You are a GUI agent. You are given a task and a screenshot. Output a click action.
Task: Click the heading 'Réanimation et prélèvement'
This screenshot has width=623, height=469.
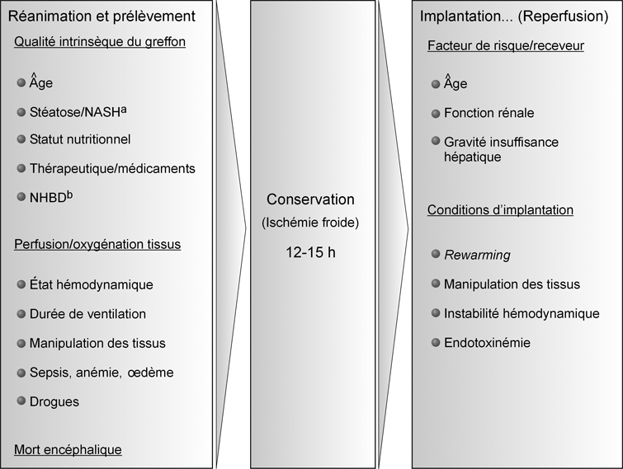(x=101, y=16)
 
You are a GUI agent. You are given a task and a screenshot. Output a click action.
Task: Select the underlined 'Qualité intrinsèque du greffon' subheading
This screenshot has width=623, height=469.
(x=100, y=42)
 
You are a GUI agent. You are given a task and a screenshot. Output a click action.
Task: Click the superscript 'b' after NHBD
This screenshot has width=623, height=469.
(x=69, y=195)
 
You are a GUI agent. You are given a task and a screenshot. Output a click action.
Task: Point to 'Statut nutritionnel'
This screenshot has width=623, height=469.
(x=80, y=139)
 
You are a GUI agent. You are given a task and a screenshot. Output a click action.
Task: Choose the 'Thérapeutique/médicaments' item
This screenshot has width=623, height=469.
(x=112, y=169)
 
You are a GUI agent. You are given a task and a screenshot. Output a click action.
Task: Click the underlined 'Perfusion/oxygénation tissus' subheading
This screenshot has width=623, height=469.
(x=97, y=244)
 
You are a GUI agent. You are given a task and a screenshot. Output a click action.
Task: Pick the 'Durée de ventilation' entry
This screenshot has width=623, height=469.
(x=87, y=314)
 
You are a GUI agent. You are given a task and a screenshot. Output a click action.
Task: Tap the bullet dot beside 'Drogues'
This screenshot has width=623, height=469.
(x=21, y=401)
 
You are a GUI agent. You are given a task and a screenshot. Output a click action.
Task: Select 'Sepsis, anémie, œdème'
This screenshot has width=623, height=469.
(x=101, y=373)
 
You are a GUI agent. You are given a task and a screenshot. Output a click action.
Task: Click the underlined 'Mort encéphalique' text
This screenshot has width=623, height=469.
(x=68, y=449)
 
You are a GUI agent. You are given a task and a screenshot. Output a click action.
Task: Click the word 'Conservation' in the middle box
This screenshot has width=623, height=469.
(x=310, y=199)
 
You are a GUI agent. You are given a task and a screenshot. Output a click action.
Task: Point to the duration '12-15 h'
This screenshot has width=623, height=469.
(x=310, y=252)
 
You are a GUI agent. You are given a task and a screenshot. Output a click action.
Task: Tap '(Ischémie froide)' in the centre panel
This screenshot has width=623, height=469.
(x=310, y=223)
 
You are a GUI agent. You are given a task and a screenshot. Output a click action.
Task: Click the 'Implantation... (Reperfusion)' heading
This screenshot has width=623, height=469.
(x=514, y=16)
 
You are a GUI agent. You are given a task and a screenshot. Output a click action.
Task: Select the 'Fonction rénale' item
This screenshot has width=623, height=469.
(x=488, y=113)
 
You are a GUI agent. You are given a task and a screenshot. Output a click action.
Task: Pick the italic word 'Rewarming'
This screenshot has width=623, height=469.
(x=477, y=255)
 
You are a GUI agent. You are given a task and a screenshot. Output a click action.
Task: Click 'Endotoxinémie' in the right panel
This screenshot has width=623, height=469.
(x=487, y=343)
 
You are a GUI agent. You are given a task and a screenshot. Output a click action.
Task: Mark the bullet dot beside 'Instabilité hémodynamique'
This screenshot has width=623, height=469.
(x=436, y=312)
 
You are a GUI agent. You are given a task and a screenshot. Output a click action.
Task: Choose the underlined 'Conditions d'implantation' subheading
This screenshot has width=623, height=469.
(x=500, y=210)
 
